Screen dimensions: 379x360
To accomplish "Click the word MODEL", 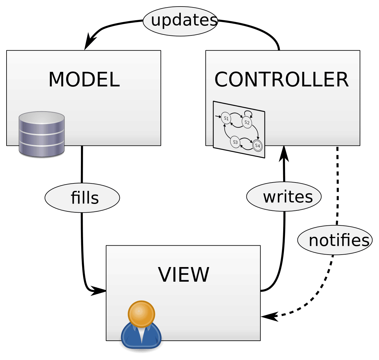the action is [x=84, y=79].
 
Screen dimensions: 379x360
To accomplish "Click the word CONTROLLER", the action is [x=281, y=79].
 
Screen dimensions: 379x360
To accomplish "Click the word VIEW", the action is [x=183, y=275].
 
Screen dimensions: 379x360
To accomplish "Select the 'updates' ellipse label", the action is [x=180, y=21].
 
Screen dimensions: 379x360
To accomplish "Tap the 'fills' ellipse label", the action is [x=82, y=198].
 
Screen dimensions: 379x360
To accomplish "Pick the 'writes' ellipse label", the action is [x=284, y=196].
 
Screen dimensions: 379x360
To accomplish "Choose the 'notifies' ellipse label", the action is [x=335, y=240].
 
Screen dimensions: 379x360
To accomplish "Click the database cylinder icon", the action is [x=42, y=134].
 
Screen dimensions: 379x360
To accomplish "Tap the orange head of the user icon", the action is [x=141, y=314].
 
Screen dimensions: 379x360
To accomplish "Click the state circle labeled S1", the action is [x=226, y=118].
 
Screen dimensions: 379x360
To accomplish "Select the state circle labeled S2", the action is [x=247, y=122].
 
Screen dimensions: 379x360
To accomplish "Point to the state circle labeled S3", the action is [x=235, y=142].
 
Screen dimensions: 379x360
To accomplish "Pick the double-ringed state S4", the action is [x=258, y=145].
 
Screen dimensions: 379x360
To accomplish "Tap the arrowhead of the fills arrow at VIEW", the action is [x=98, y=291].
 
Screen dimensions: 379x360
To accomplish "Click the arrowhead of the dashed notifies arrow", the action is [x=269, y=316].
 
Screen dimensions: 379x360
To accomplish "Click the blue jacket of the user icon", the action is [x=141, y=336].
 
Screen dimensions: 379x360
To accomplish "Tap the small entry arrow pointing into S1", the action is [x=218, y=116].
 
